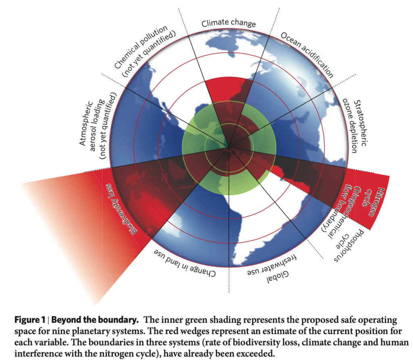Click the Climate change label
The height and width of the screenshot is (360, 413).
(x=229, y=23)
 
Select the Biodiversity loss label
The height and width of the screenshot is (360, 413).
(x=121, y=209)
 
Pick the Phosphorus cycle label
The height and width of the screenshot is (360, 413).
(x=348, y=246)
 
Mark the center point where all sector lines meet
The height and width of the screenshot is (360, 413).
(x=229, y=148)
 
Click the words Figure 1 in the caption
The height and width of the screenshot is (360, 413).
(x=30, y=320)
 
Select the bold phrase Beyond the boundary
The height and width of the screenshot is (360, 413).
(x=95, y=320)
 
